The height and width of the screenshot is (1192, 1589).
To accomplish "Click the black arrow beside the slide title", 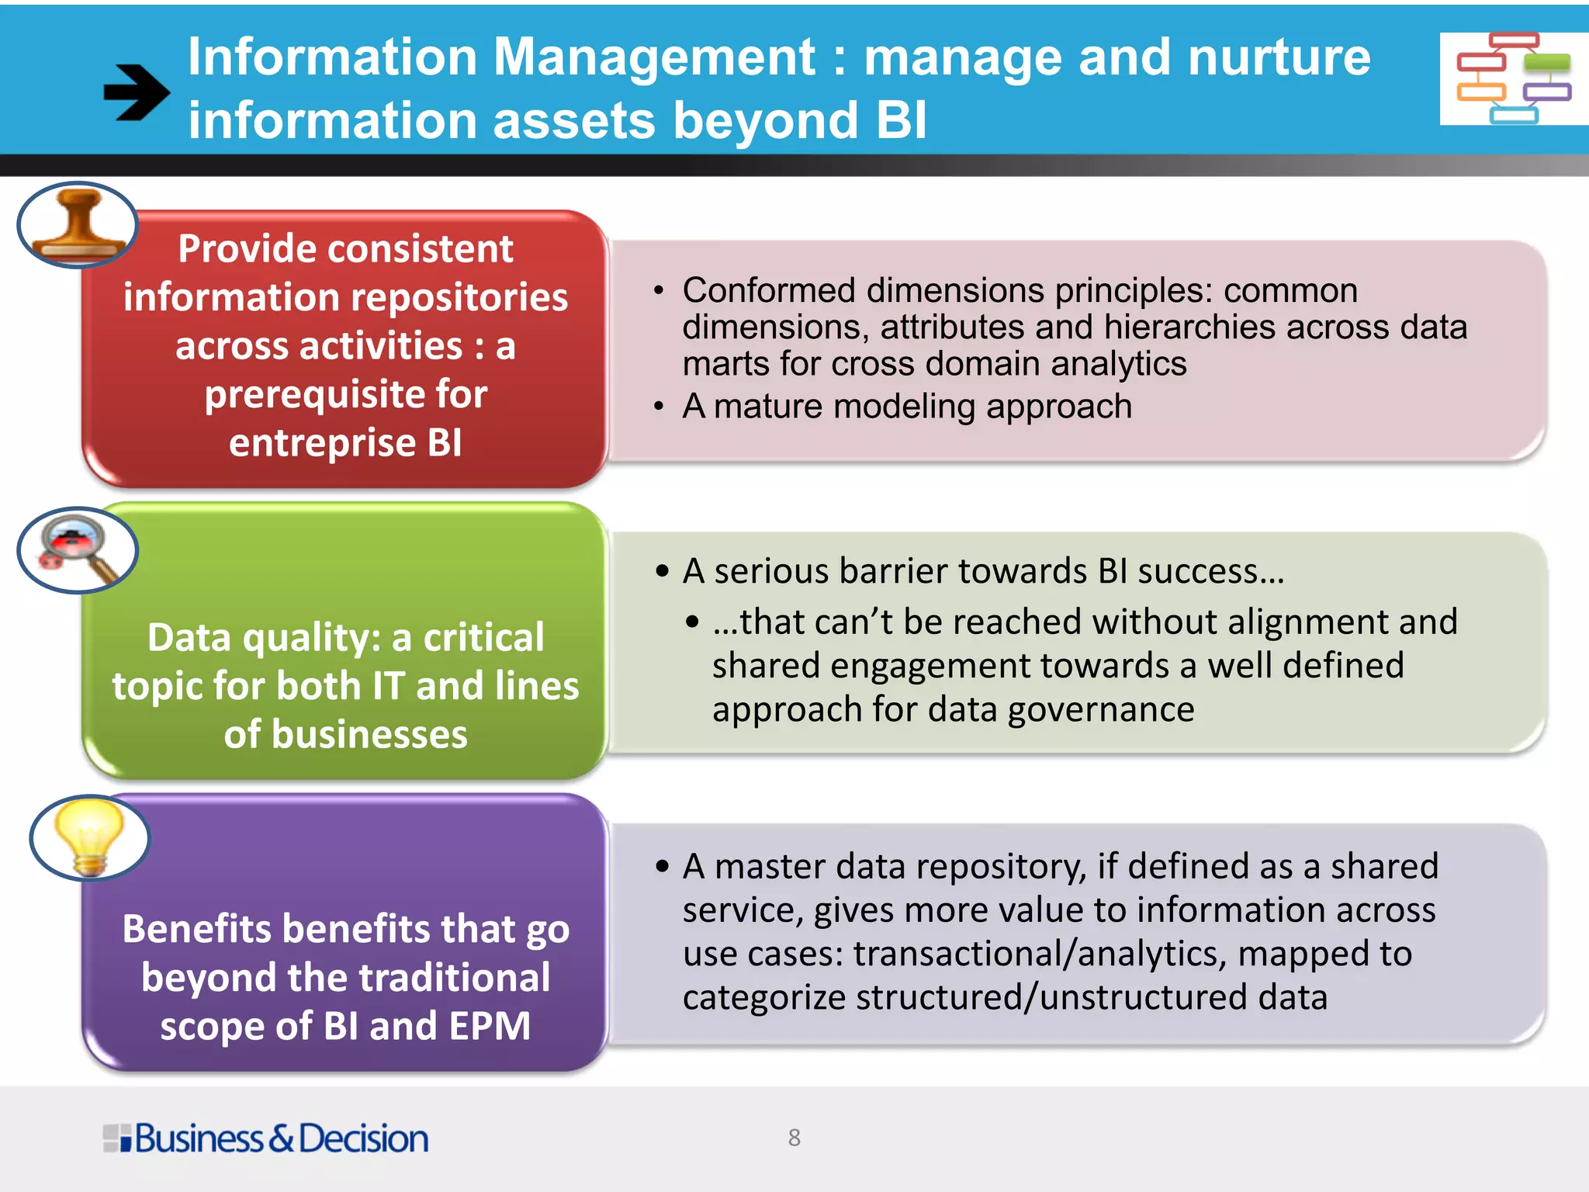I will pos(137,92).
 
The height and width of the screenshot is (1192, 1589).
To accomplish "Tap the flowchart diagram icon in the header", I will pos(1513,78).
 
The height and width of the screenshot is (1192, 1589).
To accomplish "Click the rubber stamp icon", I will pos(78,225).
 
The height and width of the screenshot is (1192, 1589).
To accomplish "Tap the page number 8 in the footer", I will pos(794,1138).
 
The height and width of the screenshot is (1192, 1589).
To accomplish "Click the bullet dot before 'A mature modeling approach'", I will pos(659,407).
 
